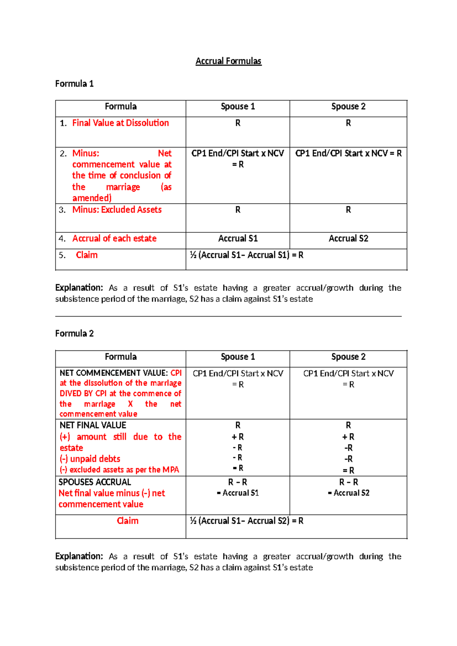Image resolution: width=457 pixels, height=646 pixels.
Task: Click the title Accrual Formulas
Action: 228,61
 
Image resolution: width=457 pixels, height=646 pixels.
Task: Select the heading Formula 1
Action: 74,83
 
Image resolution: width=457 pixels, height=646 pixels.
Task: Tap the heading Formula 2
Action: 74,333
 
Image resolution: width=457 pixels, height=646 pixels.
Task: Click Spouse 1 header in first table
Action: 238,106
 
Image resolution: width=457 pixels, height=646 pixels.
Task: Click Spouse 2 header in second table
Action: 348,357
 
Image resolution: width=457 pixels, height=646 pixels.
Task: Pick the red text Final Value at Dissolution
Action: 120,123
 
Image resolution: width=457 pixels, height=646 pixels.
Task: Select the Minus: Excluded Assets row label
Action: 117,209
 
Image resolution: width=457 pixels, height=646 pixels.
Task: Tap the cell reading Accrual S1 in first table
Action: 238,238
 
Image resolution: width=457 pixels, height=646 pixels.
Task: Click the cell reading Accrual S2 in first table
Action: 348,238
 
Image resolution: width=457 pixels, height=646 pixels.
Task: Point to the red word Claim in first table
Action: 86,255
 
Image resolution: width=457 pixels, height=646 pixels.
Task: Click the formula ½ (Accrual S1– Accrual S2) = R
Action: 246,521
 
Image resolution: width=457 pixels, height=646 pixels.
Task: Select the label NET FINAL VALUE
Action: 93,425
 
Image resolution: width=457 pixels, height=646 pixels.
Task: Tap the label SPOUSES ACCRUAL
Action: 94,482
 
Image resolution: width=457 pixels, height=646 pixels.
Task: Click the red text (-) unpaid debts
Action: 90,459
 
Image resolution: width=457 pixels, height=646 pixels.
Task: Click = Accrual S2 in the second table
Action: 348,493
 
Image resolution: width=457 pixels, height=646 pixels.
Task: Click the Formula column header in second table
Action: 120,357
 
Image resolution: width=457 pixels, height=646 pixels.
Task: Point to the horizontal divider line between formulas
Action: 228,316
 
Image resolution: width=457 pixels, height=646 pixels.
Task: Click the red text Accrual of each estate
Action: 114,238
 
